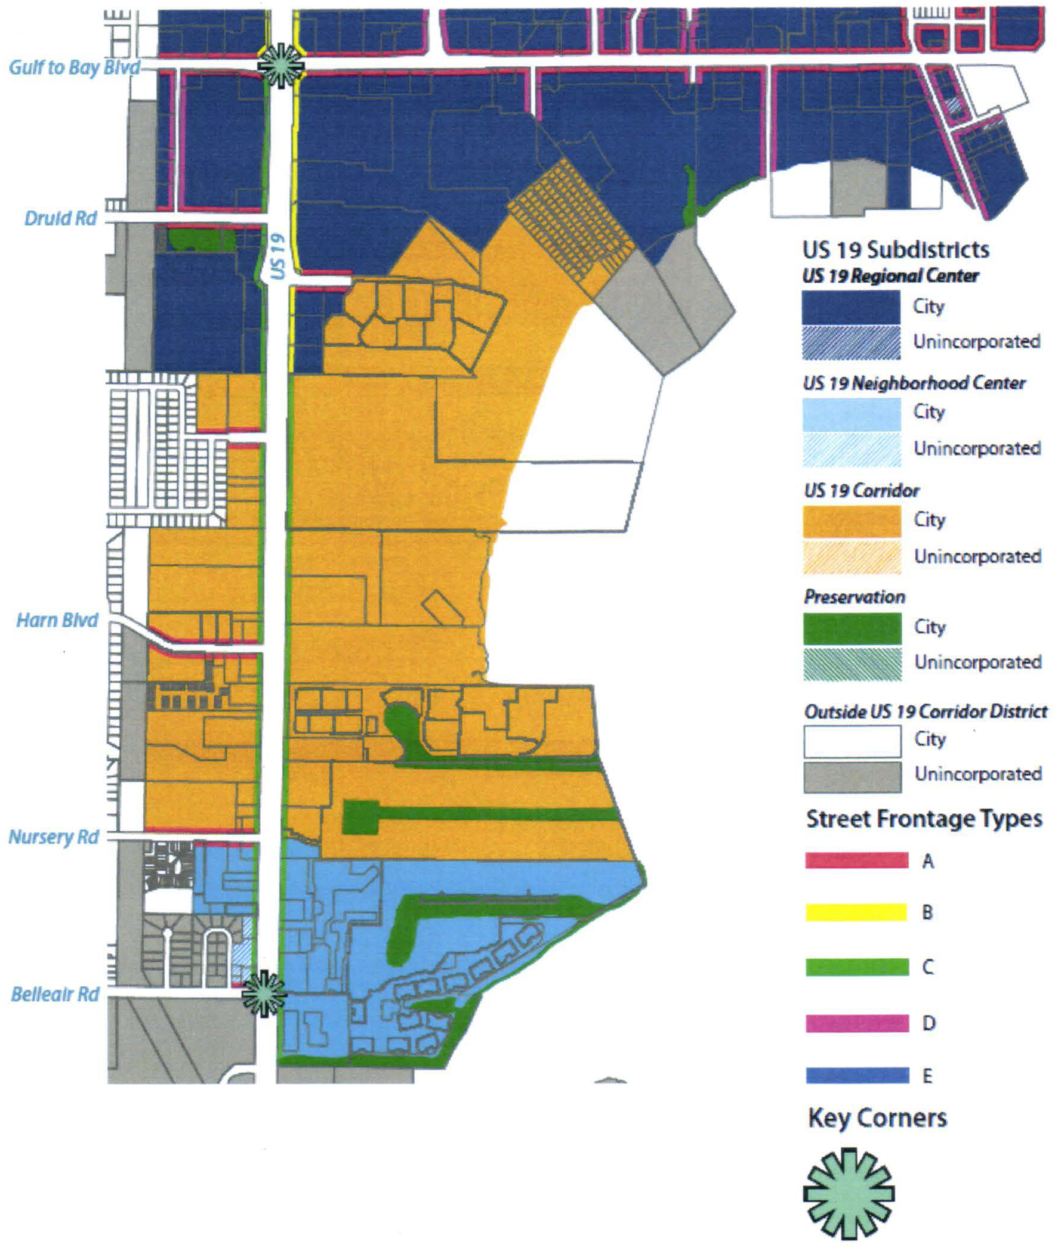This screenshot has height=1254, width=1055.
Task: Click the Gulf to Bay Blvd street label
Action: pos(74,67)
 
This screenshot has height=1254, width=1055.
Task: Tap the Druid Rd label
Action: pos(60,218)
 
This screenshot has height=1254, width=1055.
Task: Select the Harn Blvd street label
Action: pos(57,620)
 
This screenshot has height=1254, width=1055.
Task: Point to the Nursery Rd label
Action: pos(53,837)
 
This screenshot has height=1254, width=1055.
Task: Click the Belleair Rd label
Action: pos(55,994)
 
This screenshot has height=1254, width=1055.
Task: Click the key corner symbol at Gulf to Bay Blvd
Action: pos(281,65)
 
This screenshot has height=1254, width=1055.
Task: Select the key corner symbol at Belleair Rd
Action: pos(264,993)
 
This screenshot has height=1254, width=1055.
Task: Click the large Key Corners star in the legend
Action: pos(849,1193)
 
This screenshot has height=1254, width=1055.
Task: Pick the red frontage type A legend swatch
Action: pos(856,860)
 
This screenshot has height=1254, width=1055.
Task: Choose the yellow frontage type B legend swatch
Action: pos(856,913)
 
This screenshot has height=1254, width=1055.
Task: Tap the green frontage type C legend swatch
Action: pos(856,967)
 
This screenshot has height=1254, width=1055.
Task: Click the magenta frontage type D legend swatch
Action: pos(856,1023)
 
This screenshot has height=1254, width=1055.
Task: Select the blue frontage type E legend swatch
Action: pos(856,1076)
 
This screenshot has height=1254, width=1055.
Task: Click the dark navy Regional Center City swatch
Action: pos(850,307)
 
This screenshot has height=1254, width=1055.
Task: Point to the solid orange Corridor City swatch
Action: pos(852,521)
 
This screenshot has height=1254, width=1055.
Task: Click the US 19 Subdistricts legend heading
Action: pos(895,249)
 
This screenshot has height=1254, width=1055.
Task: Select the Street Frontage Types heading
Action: pos(924,818)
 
